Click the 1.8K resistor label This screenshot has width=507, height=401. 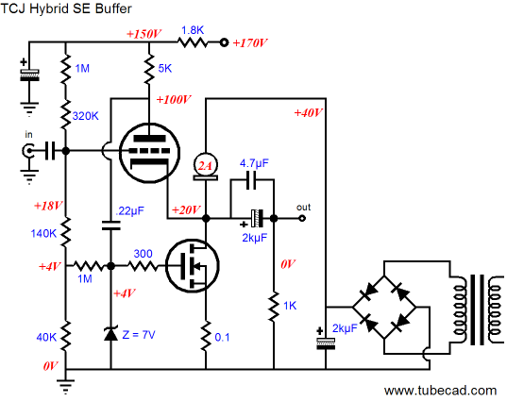[193, 30]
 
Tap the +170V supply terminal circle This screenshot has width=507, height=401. [224, 42]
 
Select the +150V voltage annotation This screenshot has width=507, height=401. [144, 34]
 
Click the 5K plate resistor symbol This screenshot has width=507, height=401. [149, 69]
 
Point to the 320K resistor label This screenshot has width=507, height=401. [85, 116]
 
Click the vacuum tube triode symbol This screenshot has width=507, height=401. [149, 153]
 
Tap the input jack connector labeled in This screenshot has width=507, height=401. [28, 151]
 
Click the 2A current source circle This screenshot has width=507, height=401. [205, 166]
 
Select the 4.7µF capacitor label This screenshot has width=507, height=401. [254, 163]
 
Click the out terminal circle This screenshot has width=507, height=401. [302, 219]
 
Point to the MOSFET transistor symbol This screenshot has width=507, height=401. [192, 266]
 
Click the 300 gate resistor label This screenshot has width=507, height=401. [143, 253]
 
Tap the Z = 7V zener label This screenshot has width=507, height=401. [139, 334]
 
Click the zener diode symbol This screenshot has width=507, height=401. [110, 333]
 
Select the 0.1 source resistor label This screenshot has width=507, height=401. [222, 337]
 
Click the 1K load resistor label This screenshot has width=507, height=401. [290, 306]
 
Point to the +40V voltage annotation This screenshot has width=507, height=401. [308, 113]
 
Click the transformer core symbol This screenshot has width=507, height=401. [477, 309]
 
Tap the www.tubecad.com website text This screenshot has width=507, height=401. [440, 391]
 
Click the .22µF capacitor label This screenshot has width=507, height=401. [129, 211]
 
